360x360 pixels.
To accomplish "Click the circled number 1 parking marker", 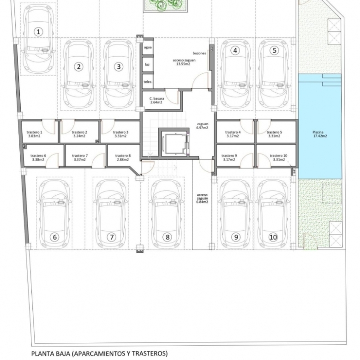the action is click(38, 32).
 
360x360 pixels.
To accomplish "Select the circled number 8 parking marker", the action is click(168, 237).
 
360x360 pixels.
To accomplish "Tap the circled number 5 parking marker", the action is click(274, 50).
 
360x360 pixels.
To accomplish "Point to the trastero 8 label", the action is click(123, 157).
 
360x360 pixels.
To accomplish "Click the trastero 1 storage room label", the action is click(34, 134).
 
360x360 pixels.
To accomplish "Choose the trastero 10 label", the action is click(278, 157).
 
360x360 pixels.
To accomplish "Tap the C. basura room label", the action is click(156, 100).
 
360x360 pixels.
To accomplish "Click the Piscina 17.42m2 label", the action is click(319, 134).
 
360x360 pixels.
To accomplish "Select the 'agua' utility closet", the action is click(148, 47).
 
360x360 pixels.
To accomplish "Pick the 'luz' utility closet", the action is click(148, 64).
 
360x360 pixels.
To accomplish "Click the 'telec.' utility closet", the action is click(148, 81).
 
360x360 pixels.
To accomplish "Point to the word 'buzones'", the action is click(199, 53).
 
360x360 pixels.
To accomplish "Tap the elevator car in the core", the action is click(174, 143).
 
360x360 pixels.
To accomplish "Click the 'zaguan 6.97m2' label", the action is click(202, 126).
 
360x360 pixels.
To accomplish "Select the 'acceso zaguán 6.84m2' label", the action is click(202, 198).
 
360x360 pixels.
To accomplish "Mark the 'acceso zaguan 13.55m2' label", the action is click(184, 62).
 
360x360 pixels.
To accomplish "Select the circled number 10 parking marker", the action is click(273, 237).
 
